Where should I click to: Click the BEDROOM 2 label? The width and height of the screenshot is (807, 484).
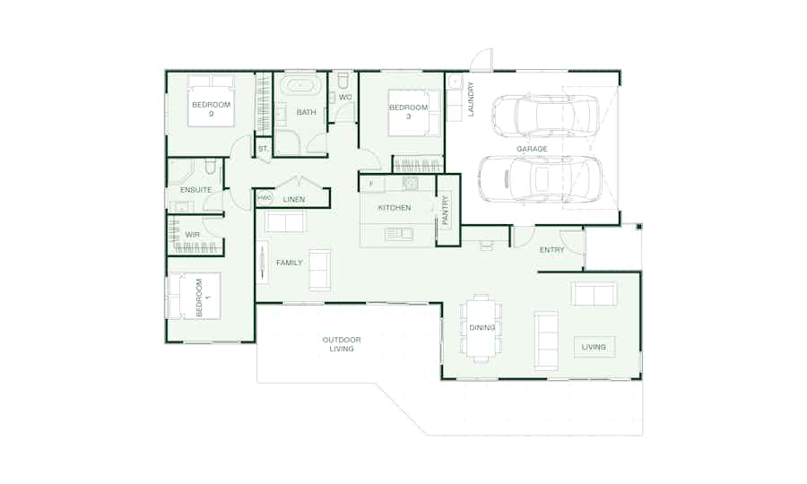211,109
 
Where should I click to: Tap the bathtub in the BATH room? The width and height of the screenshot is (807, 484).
300,85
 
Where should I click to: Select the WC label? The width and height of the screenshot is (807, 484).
345,97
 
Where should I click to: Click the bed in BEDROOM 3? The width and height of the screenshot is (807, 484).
409,113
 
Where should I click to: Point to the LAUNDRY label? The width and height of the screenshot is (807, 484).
471,99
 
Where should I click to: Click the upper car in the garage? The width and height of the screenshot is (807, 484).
545,117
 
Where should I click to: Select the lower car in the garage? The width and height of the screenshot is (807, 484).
540,179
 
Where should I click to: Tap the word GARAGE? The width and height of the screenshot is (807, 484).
532,149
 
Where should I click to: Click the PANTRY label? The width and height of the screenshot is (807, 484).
445,210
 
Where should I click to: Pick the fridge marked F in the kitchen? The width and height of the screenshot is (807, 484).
372,184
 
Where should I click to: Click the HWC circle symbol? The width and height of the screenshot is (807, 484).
265,198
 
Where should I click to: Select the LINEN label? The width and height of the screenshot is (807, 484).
294,200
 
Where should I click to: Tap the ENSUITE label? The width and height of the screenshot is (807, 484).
195,190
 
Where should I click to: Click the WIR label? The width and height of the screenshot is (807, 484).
193,235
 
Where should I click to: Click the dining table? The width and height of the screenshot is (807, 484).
482,328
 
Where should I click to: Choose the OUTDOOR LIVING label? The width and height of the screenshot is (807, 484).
342,344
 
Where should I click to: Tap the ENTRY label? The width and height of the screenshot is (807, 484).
551,250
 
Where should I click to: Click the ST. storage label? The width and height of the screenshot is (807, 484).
263,149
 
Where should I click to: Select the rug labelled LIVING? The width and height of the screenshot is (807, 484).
594,347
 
